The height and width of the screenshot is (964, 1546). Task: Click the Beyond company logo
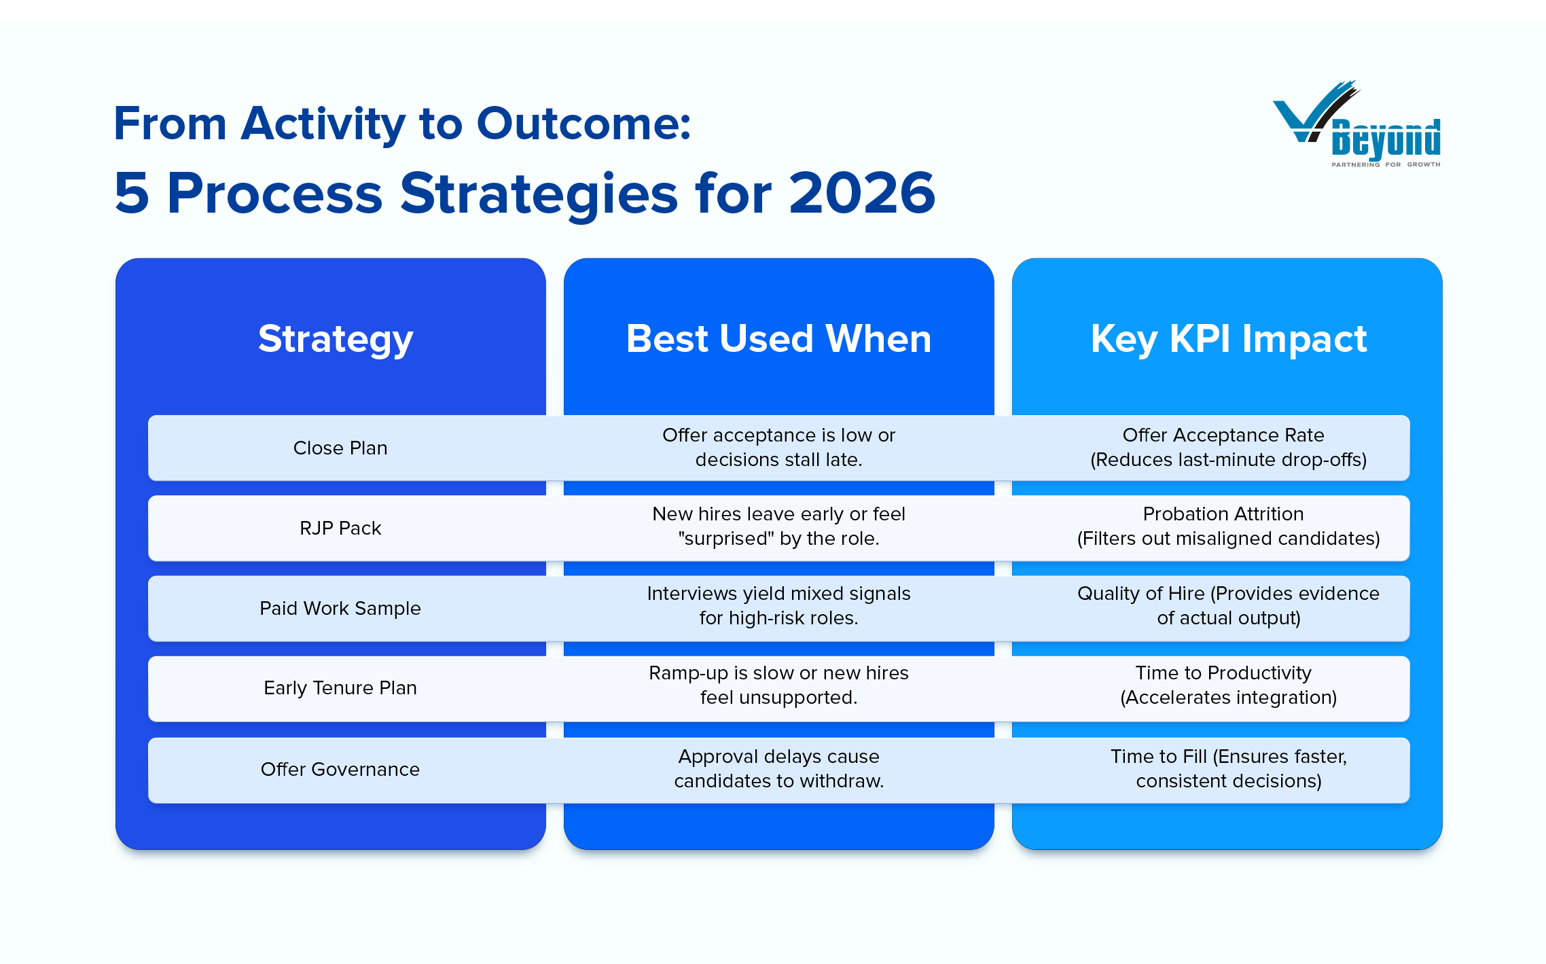(1356, 124)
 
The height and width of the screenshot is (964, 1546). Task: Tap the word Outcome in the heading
(583, 124)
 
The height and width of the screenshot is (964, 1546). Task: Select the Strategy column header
(336, 338)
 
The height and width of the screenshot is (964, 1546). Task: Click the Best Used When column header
(778, 338)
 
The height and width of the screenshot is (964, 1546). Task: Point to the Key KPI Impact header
(1228, 338)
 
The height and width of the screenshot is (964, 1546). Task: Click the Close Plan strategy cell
(340, 448)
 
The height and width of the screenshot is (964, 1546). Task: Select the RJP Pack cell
(340, 529)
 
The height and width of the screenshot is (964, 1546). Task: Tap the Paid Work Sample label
(340, 608)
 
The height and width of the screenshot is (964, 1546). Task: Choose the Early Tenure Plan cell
(340, 688)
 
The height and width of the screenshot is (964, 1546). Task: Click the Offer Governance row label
(340, 769)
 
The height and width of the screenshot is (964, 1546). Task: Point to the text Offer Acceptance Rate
(1223, 435)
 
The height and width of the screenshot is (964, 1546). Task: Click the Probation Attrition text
(1223, 514)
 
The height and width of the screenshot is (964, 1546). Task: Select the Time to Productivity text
(1223, 673)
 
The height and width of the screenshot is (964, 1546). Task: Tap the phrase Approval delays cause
(778, 756)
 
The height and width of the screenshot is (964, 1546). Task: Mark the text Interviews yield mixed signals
(778, 593)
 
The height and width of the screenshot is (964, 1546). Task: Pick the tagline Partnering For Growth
(1386, 164)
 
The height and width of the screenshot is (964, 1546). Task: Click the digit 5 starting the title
(132, 193)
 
